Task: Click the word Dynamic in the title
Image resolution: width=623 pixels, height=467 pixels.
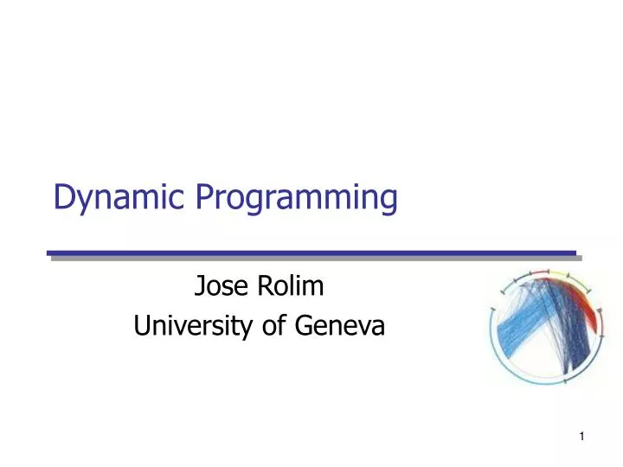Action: pyautogui.click(x=118, y=198)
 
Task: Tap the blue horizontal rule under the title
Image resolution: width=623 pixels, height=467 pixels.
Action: pyautogui.click(x=311, y=254)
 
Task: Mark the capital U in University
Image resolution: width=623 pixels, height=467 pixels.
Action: pyautogui.click(x=142, y=326)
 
